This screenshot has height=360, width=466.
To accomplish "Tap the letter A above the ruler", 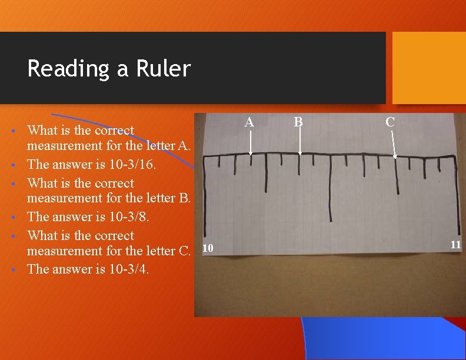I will (x=249, y=122).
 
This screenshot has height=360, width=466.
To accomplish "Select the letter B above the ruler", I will (x=298, y=122).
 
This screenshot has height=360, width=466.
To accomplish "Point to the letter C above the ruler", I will (x=390, y=122).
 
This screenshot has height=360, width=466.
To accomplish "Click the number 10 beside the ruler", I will (x=207, y=249).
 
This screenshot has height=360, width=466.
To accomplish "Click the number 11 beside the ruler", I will (x=455, y=245).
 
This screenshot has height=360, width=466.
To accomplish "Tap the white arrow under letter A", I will (x=250, y=143).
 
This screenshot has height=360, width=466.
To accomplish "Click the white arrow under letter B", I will (x=299, y=143).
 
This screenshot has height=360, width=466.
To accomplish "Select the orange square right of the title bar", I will (x=428, y=67).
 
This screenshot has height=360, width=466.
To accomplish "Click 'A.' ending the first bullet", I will (x=184, y=145).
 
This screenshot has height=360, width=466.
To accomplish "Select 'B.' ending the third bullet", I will (x=184, y=198).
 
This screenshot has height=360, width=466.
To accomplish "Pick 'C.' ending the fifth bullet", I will (x=184, y=251).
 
